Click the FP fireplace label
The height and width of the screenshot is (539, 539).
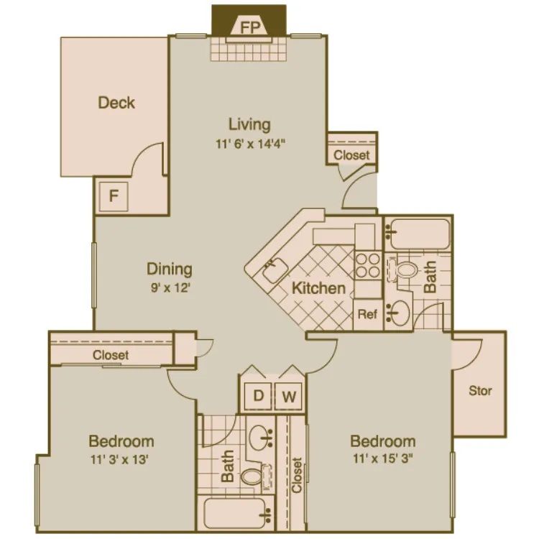(249, 27)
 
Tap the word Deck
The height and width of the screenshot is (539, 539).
(116, 103)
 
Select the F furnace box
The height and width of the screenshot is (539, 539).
(114, 195)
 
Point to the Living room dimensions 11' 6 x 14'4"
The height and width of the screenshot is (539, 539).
(249, 144)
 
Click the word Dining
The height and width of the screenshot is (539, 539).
(170, 269)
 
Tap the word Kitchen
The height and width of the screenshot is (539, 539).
(318, 289)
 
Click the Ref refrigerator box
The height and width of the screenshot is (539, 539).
(367, 314)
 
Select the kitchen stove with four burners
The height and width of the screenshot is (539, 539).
(368, 264)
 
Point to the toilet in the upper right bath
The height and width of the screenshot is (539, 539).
(404, 270)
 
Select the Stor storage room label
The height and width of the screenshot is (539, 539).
(480, 391)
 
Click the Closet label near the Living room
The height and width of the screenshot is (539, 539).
(352, 155)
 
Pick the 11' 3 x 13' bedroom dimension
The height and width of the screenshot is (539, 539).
(121, 459)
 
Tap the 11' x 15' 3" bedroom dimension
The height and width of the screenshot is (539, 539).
(383, 459)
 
